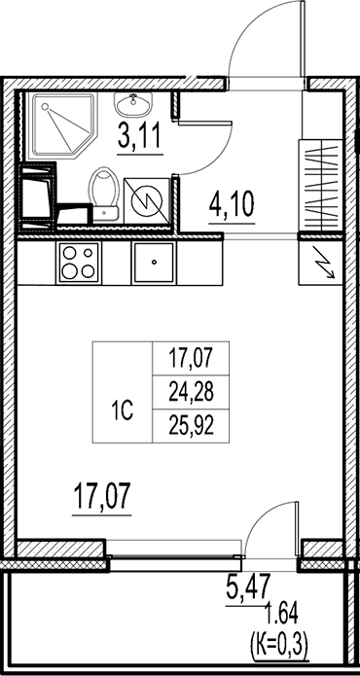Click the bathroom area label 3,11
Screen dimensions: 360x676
pos(140,135)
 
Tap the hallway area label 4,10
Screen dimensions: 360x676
pos(232,204)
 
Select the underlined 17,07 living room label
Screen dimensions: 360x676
pos(102,496)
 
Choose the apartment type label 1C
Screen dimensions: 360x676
pos(122,411)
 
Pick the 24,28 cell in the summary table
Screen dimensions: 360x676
pos(191,393)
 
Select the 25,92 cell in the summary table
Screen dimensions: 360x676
pos(191,426)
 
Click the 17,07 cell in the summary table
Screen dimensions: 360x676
pos(191,359)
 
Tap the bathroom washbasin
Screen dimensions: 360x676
pos(133,104)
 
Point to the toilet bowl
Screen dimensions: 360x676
pos(104,195)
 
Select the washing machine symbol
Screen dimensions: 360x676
pos(146,201)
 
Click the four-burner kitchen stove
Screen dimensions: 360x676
pos(79,262)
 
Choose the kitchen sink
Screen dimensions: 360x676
pos(154,263)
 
